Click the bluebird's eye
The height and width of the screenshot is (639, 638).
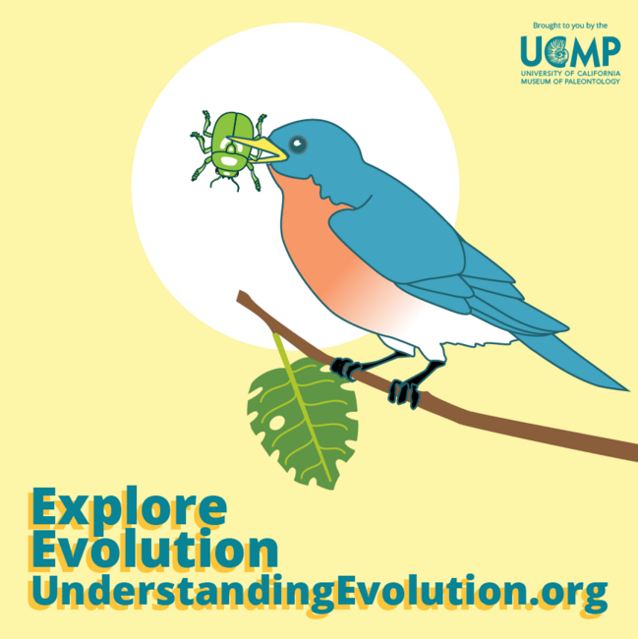[298, 145]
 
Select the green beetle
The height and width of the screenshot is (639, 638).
[229, 150]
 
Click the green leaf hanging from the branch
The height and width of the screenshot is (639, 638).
[303, 422]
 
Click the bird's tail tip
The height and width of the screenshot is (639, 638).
[626, 390]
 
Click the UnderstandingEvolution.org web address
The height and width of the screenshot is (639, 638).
[319, 591]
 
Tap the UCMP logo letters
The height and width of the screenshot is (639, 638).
[570, 51]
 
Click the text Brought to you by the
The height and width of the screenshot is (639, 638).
[570, 26]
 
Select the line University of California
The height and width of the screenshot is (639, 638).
[570, 74]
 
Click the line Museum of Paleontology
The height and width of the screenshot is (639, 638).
[570, 82]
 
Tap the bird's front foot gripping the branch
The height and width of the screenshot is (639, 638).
[344, 369]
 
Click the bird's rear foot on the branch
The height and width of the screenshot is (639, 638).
[404, 392]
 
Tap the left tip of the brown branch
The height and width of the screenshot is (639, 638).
[240, 295]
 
